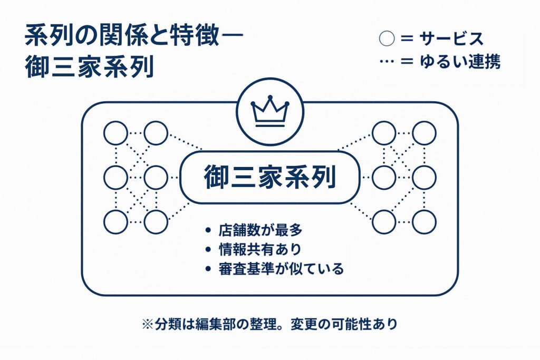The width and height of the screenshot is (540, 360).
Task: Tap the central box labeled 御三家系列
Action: click(270, 178)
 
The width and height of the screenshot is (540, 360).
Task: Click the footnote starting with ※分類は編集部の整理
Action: click(269, 324)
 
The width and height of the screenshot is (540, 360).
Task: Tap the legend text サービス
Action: click(451, 39)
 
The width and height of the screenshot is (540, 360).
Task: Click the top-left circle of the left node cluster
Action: click(115, 133)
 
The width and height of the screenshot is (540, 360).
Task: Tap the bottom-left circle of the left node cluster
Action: click(115, 222)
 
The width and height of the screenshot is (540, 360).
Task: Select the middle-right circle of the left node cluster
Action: click(156, 178)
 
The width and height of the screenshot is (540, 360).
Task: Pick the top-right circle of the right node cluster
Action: click(424, 133)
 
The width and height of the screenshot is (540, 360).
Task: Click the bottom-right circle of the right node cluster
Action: click(424, 222)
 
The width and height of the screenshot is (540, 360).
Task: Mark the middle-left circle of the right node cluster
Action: click(384, 178)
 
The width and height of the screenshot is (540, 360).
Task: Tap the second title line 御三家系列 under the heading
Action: click(89, 67)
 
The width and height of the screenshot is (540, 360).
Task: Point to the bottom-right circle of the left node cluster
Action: click(156, 222)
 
